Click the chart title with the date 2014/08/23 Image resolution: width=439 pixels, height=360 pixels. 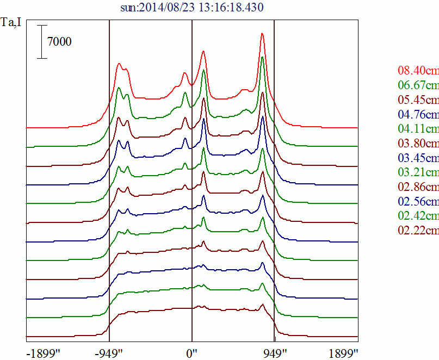pyautogui.click(x=192, y=8)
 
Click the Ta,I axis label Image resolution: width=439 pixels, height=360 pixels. pyautogui.click(x=11, y=24)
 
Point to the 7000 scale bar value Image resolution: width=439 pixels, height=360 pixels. pyautogui.click(x=59, y=41)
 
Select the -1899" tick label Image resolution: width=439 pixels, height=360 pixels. pyautogui.click(x=43, y=353)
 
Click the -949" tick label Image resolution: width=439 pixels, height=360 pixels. pyautogui.click(x=109, y=353)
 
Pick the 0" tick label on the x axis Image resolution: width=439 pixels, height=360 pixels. pyautogui.click(x=191, y=353)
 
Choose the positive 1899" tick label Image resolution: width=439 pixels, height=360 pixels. pyautogui.click(x=342, y=353)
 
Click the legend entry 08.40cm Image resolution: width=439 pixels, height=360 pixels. pyautogui.click(x=418, y=71)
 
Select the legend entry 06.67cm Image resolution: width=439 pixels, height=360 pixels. pyautogui.click(x=418, y=85)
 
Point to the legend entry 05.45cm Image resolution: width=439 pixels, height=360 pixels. pyautogui.click(x=418, y=100)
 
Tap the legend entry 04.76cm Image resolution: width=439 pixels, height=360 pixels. pyautogui.click(x=418, y=115)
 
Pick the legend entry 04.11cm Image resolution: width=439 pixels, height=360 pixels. pyautogui.click(x=418, y=129)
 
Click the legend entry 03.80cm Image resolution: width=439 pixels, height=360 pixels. pyautogui.click(x=418, y=144)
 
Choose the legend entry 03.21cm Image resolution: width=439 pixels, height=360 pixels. pyautogui.click(x=418, y=173)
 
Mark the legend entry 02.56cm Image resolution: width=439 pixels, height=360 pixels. pyautogui.click(x=418, y=202)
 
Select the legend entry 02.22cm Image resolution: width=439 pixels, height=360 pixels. pyautogui.click(x=418, y=231)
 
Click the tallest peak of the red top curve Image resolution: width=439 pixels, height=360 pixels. pyautogui.click(x=262, y=34)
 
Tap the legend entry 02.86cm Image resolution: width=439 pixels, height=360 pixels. pyautogui.click(x=418, y=188)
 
